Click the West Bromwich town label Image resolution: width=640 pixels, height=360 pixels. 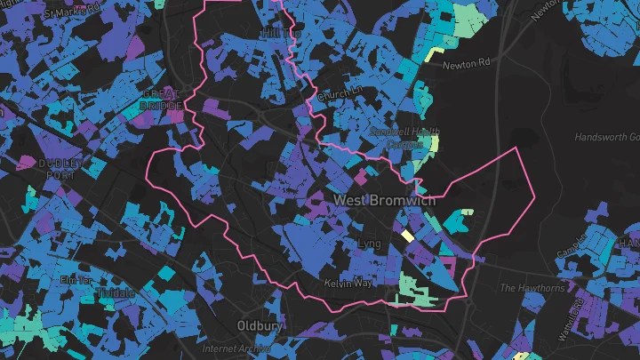pyautogui.click(x=385, y=200)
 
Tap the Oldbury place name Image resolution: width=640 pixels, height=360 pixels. pyautogui.click(x=260, y=326)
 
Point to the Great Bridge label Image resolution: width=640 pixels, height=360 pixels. pyautogui.click(x=161, y=98)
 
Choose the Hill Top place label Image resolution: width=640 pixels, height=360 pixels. pyautogui.click(x=277, y=33)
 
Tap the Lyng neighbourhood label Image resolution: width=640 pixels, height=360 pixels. pyautogui.click(x=367, y=243)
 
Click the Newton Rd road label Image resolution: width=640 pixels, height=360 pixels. pyautogui.click(x=466, y=64)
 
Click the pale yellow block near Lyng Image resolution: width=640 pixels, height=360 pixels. pyautogui.click(x=407, y=236)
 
